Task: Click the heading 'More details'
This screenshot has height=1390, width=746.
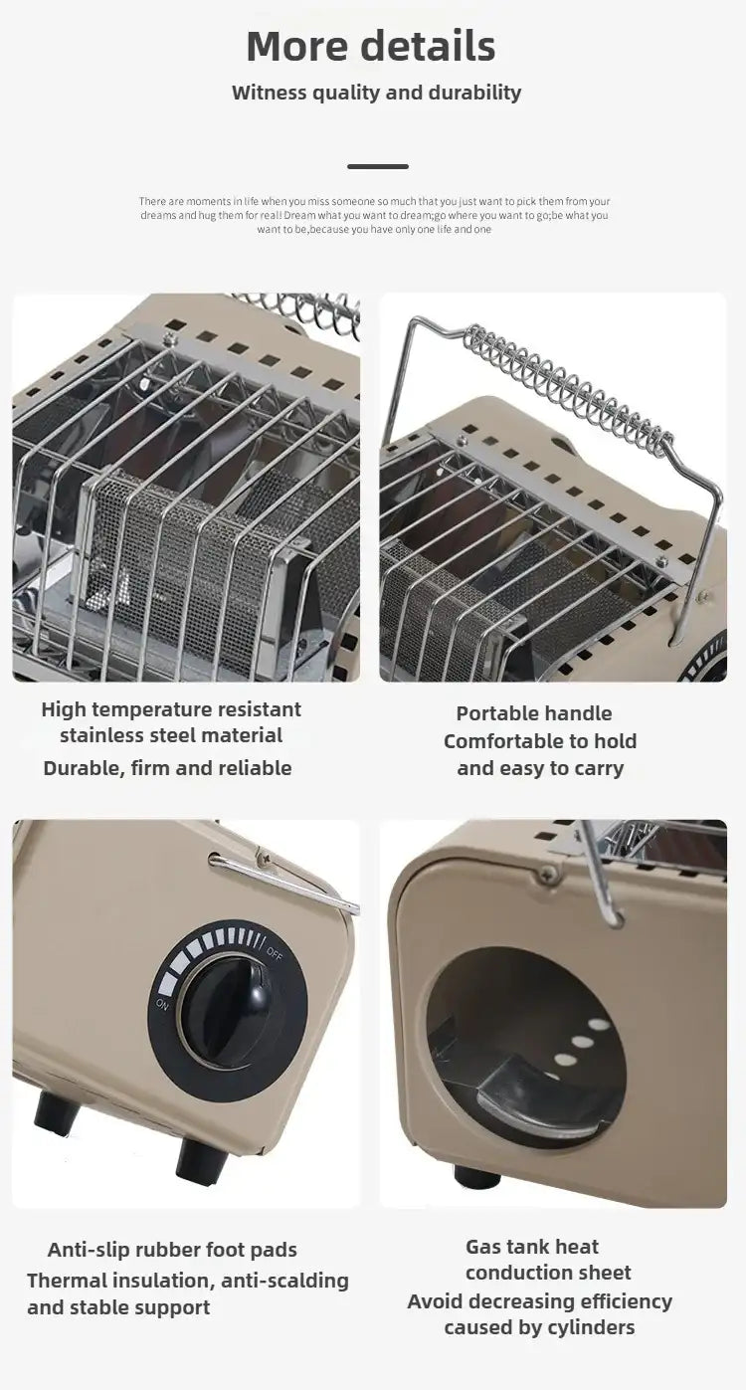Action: coord(371,47)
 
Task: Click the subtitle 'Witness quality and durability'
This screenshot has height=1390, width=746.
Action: coord(376,93)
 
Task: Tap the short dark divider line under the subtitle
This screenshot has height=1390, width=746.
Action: coord(377,166)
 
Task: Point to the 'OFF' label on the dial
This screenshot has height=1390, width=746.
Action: coord(276,952)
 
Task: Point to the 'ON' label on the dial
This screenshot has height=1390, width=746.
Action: coord(163,1005)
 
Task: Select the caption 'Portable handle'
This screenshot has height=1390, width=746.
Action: coord(534,713)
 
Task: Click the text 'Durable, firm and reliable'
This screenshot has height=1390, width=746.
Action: coord(167,768)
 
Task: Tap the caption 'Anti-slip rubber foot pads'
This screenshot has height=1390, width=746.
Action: coord(172,1250)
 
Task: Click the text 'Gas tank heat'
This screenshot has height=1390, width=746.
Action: coord(532,1247)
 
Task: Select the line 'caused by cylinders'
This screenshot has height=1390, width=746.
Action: coord(539,1327)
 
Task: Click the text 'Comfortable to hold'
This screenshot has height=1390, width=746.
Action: coord(540,741)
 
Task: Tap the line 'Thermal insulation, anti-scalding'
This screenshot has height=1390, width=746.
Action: coord(188,1281)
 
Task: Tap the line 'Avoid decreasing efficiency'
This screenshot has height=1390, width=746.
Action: coord(539,1301)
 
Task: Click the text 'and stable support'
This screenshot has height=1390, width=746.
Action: coord(118,1307)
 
